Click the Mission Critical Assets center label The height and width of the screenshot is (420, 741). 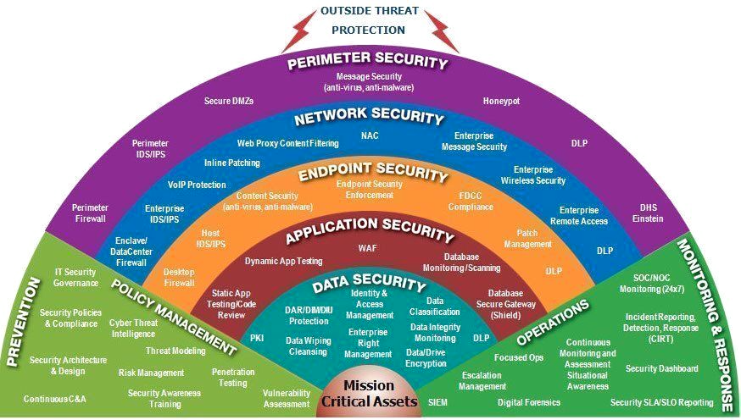pyautogui.click(x=369, y=395)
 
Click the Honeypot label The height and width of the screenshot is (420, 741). pyautogui.click(x=501, y=100)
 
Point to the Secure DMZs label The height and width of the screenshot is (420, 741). pyautogui.click(x=229, y=101)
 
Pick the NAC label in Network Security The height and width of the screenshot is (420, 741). pyautogui.click(x=370, y=135)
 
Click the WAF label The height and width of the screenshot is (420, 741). pyautogui.click(x=367, y=248)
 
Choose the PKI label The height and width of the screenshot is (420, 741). pyautogui.click(x=257, y=337)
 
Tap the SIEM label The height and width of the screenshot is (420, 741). pyautogui.click(x=437, y=401)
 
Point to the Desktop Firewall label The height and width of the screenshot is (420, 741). pyautogui.click(x=179, y=277)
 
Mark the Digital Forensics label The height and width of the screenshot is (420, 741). pyautogui.click(x=528, y=402)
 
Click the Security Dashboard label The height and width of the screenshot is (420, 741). pyautogui.click(x=661, y=368)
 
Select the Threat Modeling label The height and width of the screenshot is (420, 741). pyautogui.click(x=175, y=351)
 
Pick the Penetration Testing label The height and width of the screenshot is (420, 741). pyautogui.click(x=232, y=377)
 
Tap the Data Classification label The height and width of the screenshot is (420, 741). pyautogui.click(x=434, y=306)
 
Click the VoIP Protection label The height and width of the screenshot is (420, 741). pyautogui.click(x=197, y=184)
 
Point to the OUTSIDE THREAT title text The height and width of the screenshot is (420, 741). pyautogui.click(x=367, y=12)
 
